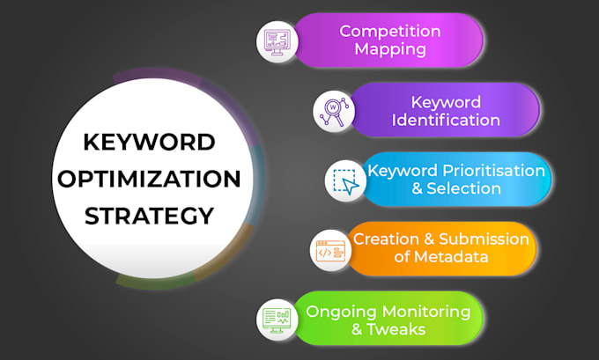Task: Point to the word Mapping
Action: [390, 49]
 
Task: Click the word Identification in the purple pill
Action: [446, 120]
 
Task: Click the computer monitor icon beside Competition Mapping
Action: [276, 40]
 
